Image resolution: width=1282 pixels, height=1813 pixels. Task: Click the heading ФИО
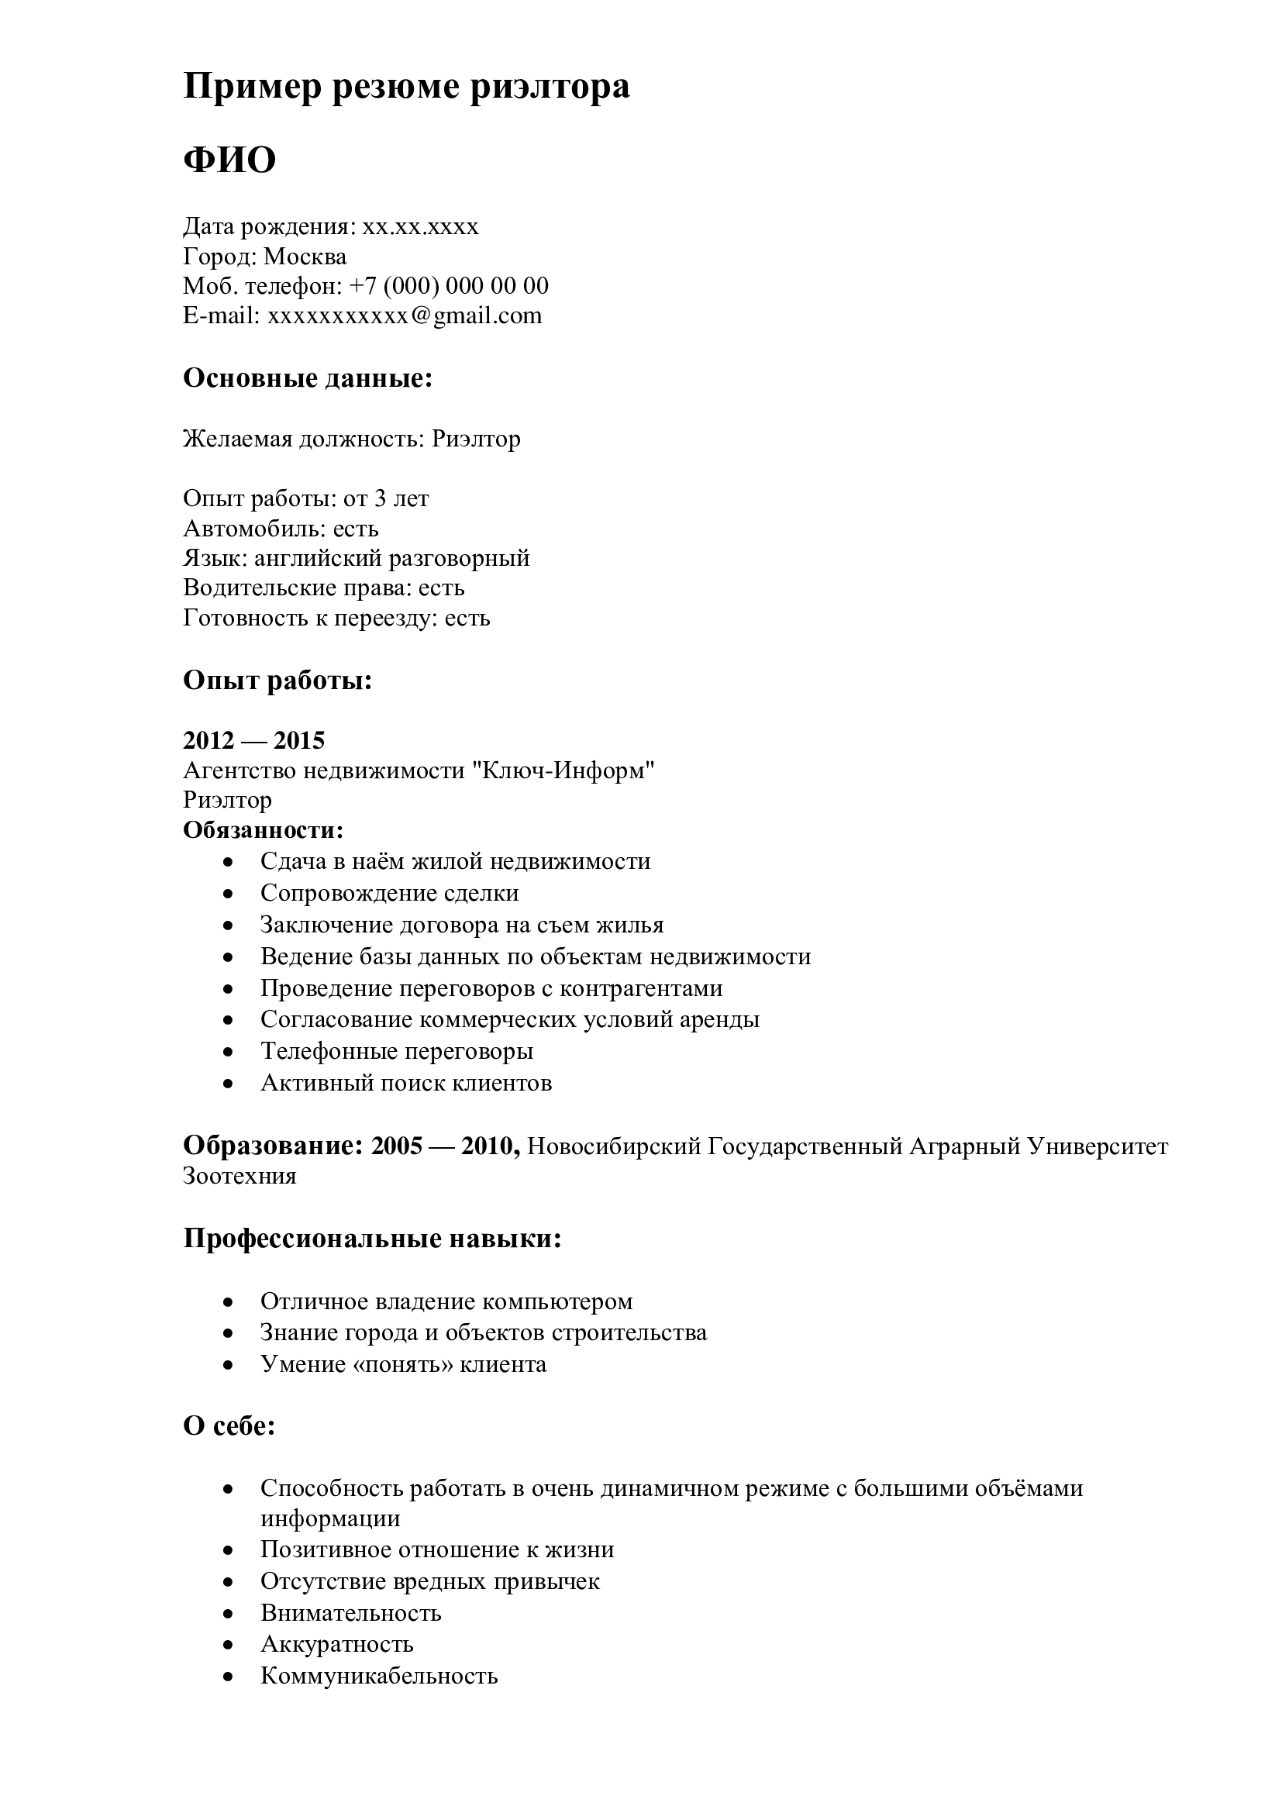tap(229, 160)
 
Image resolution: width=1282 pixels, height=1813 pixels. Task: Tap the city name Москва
tap(305, 257)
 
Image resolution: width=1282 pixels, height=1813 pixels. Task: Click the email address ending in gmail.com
tap(404, 315)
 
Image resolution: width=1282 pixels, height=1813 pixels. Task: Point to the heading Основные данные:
tap(308, 378)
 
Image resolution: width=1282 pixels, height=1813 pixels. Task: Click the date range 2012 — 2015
tap(253, 741)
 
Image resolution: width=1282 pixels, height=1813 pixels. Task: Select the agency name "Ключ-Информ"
tap(563, 770)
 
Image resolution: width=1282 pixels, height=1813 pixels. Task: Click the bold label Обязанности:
tap(264, 830)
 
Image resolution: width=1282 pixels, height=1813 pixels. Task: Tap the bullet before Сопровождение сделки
tap(228, 894)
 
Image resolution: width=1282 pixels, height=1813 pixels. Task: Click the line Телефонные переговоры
tap(396, 1051)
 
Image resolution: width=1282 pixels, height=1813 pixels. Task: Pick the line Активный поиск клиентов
tap(405, 1083)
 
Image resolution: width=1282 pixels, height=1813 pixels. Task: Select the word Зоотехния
tap(240, 1176)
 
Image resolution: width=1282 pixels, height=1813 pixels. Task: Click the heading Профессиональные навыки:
tap(372, 1239)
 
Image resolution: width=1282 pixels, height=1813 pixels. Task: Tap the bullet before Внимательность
tap(228, 1613)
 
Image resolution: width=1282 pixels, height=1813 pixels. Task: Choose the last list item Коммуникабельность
tap(379, 1676)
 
